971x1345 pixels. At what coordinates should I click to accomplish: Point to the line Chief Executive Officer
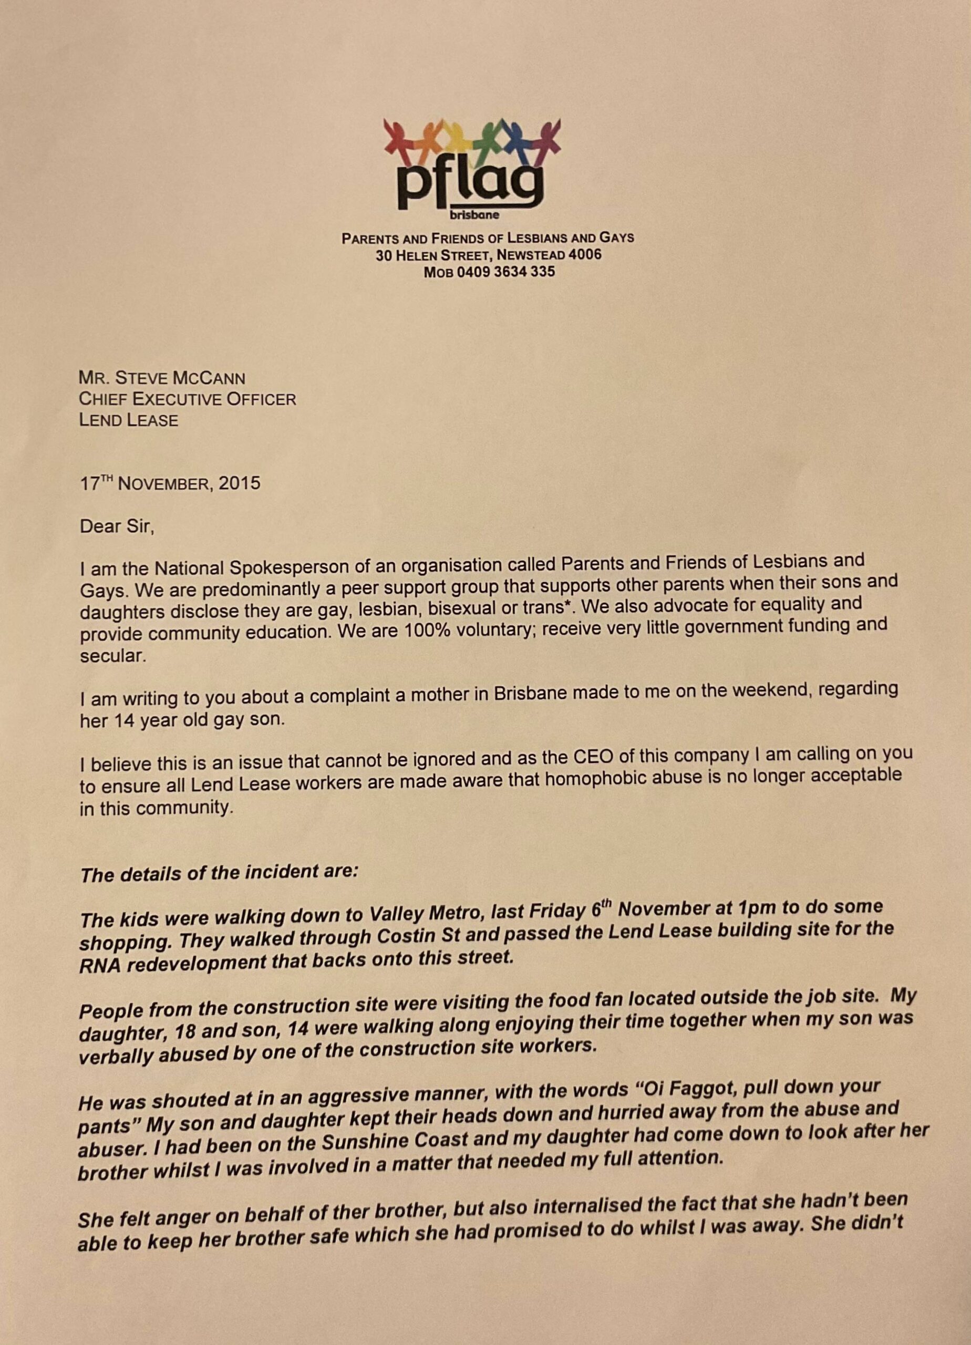[188, 399]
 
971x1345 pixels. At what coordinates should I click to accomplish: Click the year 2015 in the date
[239, 483]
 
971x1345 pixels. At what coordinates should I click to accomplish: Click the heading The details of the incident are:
[219, 873]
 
